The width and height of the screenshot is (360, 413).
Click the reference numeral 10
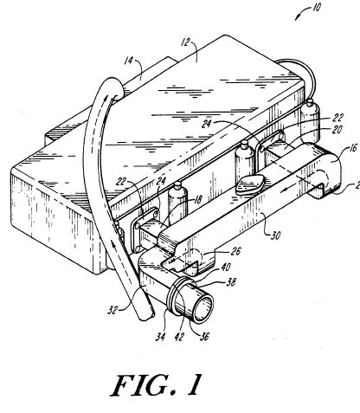pos(317,8)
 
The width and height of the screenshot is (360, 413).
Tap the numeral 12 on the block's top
pos(185,42)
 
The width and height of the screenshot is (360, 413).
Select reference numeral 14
pos(129,61)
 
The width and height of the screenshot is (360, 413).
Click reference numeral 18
pos(198,199)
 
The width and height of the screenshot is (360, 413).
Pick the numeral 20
pos(337,130)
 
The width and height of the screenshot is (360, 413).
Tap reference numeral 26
pos(235,251)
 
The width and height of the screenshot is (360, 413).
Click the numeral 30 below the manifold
pos(275,236)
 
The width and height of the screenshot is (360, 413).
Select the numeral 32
pos(112,310)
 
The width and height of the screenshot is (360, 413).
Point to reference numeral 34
pos(160,337)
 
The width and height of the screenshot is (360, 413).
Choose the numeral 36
pos(204,337)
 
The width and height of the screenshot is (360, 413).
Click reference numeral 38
pos(231,281)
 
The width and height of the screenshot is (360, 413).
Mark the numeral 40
pos(226,267)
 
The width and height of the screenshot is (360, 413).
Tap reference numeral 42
pos(179,337)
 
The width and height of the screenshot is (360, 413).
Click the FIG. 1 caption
pos(156,385)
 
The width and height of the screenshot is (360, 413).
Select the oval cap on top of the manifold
pos(250,184)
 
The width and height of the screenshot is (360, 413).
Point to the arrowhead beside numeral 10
pos(297,18)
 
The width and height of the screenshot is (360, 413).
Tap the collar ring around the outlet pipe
pos(177,297)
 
